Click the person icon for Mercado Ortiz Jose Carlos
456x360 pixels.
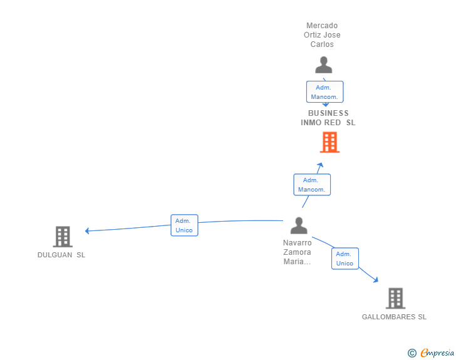[323, 64]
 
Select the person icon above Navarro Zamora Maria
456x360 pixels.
[299, 225]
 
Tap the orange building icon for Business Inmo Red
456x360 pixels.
[329, 142]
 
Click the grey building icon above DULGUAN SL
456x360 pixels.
[63, 237]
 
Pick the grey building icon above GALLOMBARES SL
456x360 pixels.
[395, 298]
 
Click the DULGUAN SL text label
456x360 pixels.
[61, 255]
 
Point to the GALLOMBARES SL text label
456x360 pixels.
[394, 317]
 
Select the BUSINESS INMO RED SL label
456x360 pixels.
[328, 118]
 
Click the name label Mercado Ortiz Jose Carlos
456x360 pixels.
[322, 35]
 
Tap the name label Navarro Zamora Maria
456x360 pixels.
[298, 252]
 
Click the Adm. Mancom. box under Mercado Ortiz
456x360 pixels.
[324, 92]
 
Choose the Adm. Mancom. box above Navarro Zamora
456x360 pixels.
[312, 185]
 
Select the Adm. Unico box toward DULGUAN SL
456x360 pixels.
[184, 225]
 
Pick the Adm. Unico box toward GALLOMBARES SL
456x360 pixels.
[345, 259]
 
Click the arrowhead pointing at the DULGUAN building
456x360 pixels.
[88, 230]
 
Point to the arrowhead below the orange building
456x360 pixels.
[321, 165]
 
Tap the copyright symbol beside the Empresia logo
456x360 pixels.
[412, 353]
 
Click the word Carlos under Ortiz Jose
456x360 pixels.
[322, 44]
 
